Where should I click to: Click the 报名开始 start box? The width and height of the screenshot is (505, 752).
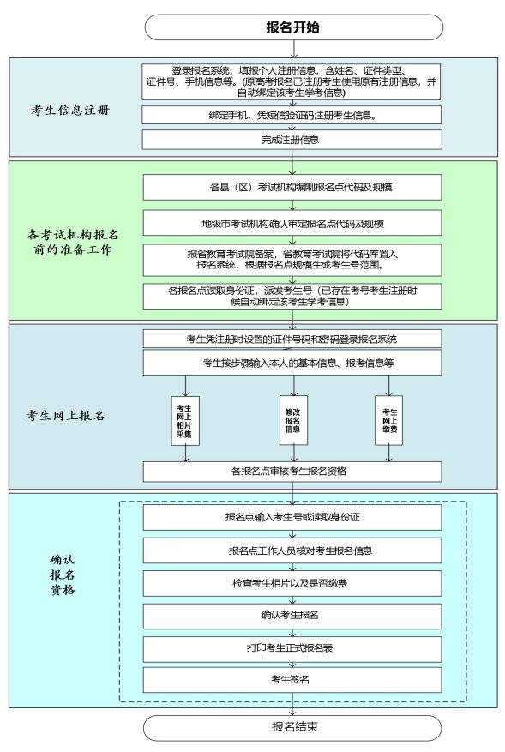click(x=293, y=27)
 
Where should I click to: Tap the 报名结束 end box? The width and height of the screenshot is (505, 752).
click(x=292, y=727)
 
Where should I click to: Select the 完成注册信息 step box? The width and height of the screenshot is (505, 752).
click(x=292, y=140)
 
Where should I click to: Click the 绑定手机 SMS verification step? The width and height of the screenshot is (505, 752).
click(x=292, y=115)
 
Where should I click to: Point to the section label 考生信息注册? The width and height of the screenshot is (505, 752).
click(x=70, y=111)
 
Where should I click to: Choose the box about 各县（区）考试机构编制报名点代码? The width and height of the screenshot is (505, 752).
click(x=292, y=187)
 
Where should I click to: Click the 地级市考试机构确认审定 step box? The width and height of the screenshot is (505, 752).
click(x=292, y=224)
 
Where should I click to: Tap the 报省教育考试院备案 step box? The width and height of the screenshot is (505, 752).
click(x=292, y=261)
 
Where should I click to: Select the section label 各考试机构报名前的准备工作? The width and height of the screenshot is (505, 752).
click(x=73, y=242)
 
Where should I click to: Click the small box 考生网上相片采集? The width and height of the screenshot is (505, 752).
click(x=185, y=421)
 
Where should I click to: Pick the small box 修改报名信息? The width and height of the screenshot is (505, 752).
click(x=293, y=420)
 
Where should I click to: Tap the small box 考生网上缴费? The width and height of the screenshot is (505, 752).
click(x=389, y=420)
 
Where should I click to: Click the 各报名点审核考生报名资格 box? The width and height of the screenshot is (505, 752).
click(x=292, y=472)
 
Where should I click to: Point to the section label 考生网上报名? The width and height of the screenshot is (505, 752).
click(x=66, y=415)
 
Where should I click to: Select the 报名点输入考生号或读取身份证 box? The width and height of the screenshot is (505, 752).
click(x=292, y=517)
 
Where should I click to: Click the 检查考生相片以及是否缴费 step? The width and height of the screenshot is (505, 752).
click(x=292, y=584)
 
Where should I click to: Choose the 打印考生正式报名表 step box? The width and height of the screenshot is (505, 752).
click(x=292, y=649)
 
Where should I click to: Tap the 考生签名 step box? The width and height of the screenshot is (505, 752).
click(x=292, y=680)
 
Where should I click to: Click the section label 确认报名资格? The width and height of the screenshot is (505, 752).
click(x=63, y=575)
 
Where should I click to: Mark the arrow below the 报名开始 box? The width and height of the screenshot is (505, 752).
click(x=293, y=49)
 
